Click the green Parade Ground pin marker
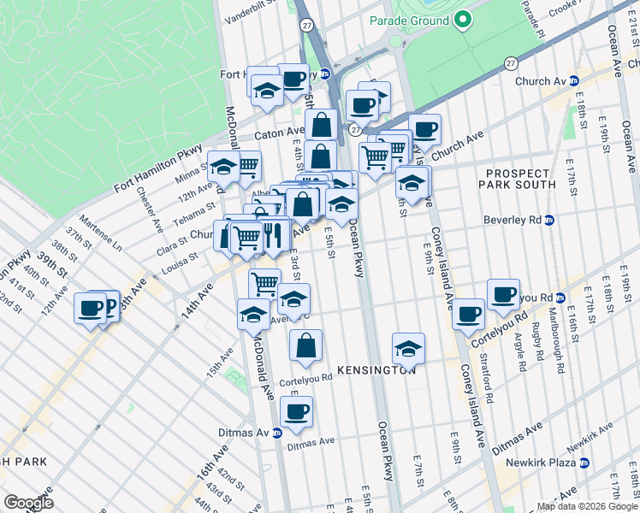(x=463, y=19)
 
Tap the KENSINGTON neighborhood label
(x=376, y=370)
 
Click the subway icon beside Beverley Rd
(x=549, y=220)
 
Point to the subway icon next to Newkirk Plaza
(x=584, y=463)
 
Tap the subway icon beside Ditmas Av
(x=276, y=432)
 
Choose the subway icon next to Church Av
(x=574, y=81)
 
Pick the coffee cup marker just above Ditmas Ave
(x=296, y=411)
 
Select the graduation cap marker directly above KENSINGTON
(x=409, y=347)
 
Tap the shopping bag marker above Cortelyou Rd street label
(x=305, y=345)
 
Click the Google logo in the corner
(x=28, y=502)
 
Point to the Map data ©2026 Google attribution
(x=587, y=506)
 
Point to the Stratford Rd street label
(x=486, y=381)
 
